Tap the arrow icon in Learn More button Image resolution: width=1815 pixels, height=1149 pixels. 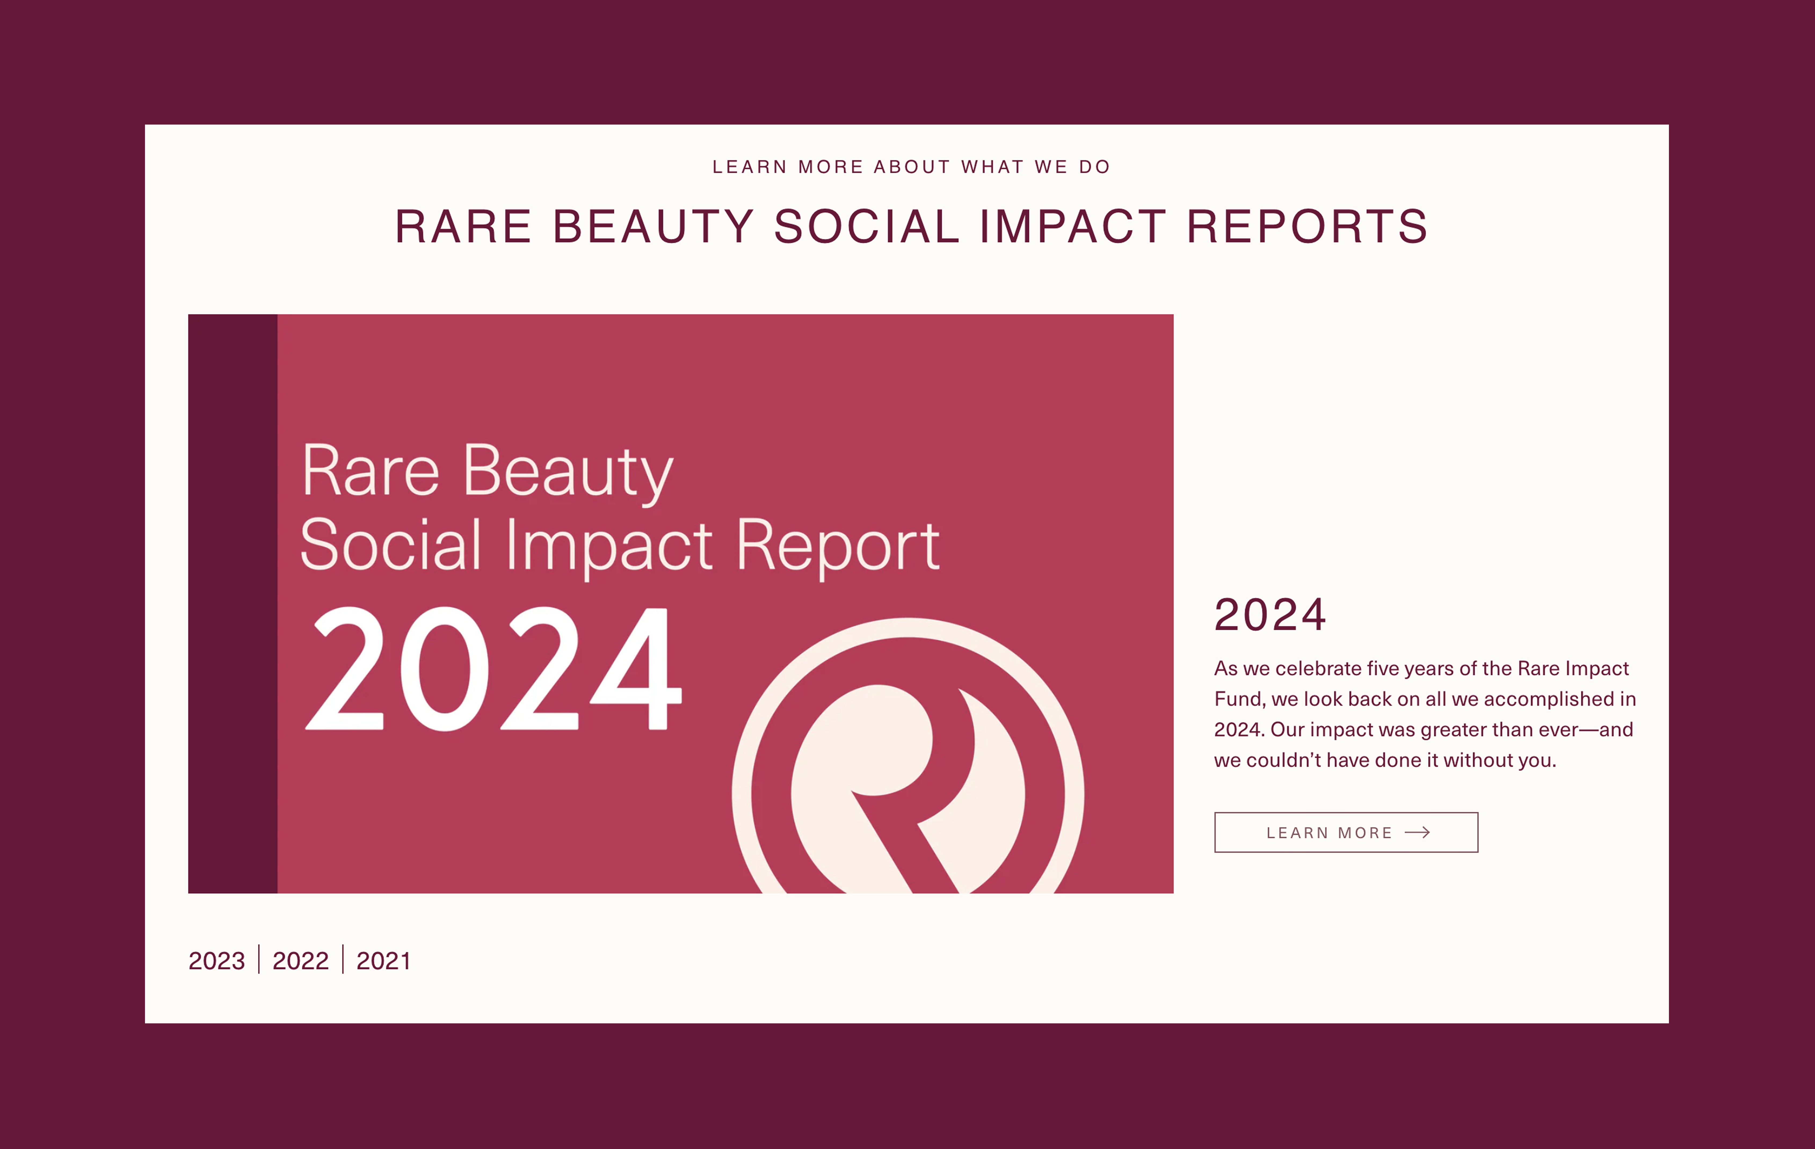(x=1417, y=832)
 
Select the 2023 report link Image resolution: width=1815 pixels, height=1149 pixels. (x=216, y=961)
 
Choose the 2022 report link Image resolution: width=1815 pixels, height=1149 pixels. (x=300, y=961)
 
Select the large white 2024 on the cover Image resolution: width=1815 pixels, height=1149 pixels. (x=494, y=669)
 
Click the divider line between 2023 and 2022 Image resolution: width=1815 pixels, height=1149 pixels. (x=259, y=959)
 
